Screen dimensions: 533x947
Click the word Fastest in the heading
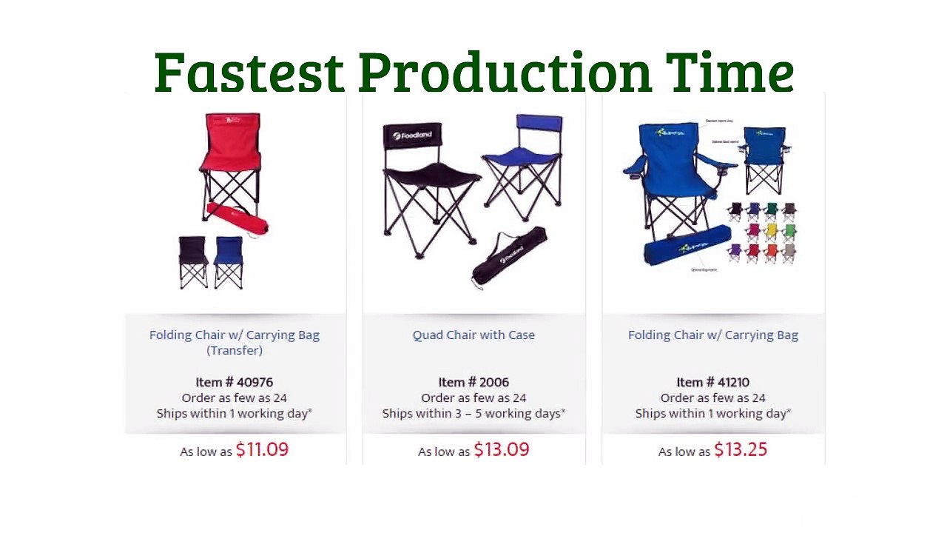click(x=249, y=72)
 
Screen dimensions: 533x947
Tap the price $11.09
click(x=262, y=449)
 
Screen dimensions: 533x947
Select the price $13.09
click(x=501, y=449)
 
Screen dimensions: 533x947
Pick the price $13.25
click(x=741, y=449)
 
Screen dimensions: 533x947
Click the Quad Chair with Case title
click(x=473, y=335)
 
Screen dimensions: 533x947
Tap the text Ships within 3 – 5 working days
click(x=473, y=413)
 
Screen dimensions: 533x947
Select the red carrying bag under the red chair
click(x=237, y=219)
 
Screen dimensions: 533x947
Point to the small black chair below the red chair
click(x=193, y=261)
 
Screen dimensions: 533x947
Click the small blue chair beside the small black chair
click(x=229, y=261)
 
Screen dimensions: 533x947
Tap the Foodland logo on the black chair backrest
click(x=411, y=135)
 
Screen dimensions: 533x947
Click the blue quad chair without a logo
click(x=523, y=163)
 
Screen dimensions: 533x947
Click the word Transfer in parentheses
click(x=235, y=350)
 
